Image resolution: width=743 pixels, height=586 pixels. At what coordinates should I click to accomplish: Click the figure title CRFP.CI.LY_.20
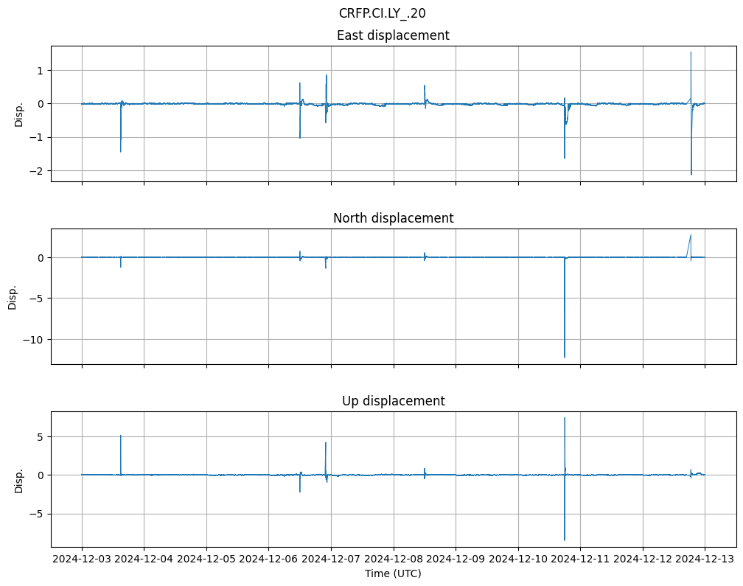(x=382, y=13)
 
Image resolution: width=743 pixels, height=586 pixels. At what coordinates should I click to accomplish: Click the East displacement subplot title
(x=393, y=35)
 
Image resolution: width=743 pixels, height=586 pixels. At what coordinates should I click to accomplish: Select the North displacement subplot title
(x=393, y=218)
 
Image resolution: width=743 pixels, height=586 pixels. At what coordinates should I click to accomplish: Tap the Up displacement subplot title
(x=393, y=401)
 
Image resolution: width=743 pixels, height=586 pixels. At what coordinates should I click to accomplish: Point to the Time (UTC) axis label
(x=393, y=573)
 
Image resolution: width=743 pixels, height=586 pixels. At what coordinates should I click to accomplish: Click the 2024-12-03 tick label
(x=82, y=559)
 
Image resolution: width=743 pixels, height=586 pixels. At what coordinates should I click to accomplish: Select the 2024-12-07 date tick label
(x=331, y=559)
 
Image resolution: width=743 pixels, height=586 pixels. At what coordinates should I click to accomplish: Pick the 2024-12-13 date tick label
(x=705, y=559)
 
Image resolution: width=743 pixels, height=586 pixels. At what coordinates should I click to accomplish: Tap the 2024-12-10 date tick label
(x=518, y=559)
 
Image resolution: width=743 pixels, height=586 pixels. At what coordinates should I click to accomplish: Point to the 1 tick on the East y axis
(x=41, y=70)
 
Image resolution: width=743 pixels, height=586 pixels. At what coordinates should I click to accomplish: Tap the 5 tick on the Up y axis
(x=41, y=436)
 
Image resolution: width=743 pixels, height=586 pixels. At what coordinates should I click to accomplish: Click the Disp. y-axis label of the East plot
(x=19, y=114)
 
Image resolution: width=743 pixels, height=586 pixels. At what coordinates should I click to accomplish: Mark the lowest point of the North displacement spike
(x=565, y=357)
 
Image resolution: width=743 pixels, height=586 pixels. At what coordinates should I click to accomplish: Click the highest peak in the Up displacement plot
(x=565, y=418)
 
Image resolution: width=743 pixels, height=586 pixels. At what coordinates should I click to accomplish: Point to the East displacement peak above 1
(x=691, y=52)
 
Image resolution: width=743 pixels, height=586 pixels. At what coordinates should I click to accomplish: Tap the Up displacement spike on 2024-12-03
(x=120, y=436)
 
